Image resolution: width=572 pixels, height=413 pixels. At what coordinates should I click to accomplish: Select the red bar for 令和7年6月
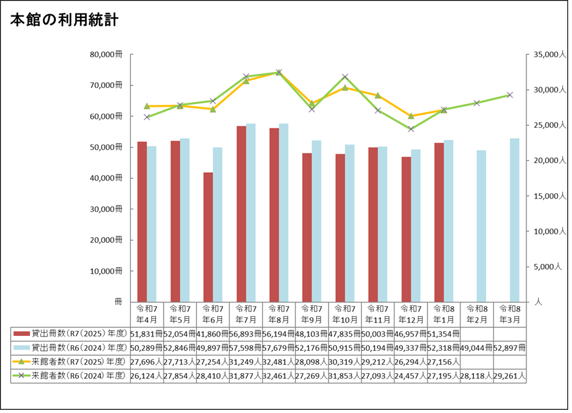[x=208, y=237]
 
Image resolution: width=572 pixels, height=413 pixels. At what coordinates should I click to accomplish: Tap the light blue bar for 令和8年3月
[x=514, y=220]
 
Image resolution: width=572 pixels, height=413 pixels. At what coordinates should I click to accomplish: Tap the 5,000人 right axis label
[x=550, y=266]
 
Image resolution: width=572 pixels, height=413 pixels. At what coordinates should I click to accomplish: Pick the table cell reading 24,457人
[x=410, y=376]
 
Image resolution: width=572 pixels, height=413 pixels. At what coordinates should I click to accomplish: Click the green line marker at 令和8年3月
[x=510, y=95]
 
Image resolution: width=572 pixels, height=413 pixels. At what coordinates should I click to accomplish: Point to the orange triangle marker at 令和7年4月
[x=147, y=106]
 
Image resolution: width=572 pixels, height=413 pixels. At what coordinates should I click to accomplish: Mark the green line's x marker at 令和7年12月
[x=410, y=129]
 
